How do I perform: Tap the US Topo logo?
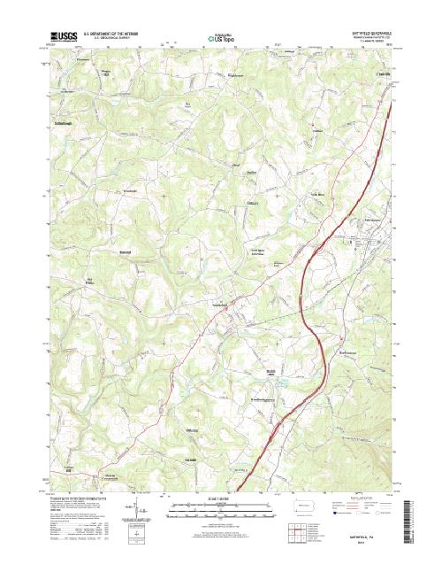click(x=220, y=40)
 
